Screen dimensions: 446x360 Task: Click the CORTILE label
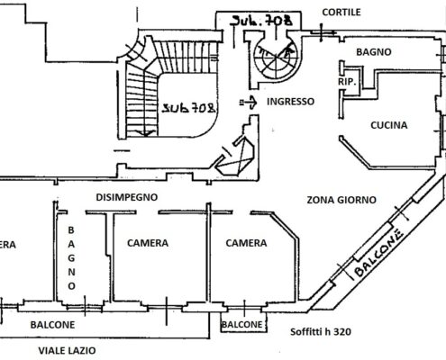pos(341,13)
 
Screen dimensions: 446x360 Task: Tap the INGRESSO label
pos(290,102)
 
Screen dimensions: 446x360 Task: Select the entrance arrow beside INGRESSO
pos(248,103)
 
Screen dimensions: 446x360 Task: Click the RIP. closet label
pos(347,82)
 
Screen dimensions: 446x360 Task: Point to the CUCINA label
pos(389,125)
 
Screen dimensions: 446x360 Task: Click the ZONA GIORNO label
pos(341,200)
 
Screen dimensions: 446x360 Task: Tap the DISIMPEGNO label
pos(127,197)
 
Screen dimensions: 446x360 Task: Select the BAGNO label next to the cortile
pos(374,52)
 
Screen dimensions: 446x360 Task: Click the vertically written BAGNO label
pos(71,258)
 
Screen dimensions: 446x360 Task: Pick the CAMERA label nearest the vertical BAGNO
pos(148,243)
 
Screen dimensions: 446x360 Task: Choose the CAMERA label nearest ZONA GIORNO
pos(246,243)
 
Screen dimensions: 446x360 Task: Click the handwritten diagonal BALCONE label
pos(378,253)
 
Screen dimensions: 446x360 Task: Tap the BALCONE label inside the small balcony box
pos(241,324)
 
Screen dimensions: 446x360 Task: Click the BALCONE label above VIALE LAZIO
pos(52,325)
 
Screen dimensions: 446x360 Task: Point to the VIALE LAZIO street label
pos(67,350)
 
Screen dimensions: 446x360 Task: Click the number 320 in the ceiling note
pos(342,332)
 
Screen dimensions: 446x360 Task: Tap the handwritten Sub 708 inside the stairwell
pos(189,107)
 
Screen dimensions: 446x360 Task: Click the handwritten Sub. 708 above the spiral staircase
pos(260,21)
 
